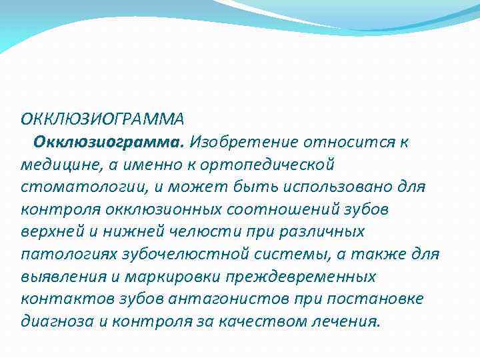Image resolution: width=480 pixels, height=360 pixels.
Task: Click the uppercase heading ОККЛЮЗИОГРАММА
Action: (x=101, y=120)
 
